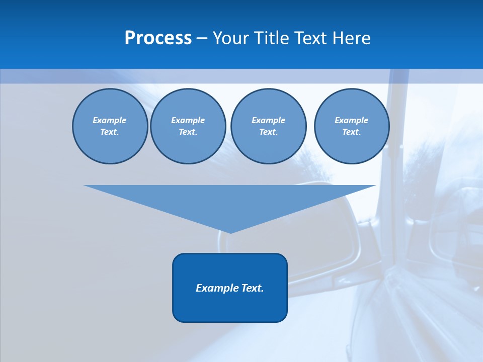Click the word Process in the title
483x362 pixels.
coord(158,38)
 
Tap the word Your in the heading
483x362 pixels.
coord(230,38)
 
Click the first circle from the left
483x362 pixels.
coord(110,126)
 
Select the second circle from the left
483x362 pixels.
coord(188,126)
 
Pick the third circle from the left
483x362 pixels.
coord(268,126)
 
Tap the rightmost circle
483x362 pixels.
coord(352,126)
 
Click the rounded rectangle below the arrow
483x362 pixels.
coord(230,288)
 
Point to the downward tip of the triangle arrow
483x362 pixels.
coord(230,232)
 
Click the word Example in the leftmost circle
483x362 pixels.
coord(109,120)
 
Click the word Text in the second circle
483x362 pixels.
coord(187,132)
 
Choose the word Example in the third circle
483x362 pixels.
coord(268,120)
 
